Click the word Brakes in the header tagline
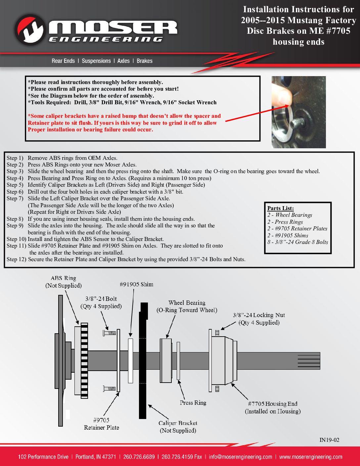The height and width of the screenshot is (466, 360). [x=144, y=61]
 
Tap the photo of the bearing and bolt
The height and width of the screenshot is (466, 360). [x=298, y=112]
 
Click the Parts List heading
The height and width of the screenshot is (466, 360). [x=280, y=208]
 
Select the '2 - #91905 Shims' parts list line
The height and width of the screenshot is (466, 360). [x=288, y=235]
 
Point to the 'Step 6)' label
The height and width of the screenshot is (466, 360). [x=15, y=192]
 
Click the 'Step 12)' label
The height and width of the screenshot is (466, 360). [x=16, y=259]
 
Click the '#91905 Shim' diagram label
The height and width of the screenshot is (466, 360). [x=136, y=284]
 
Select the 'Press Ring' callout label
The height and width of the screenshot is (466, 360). [x=193, y=403]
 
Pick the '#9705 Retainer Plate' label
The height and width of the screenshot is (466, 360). [x=101, y=424]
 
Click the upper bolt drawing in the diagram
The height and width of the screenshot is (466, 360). [x=109, y=333]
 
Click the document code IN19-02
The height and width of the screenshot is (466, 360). [x=329, y=440]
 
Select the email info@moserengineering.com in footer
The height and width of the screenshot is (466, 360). [x=241, y=457]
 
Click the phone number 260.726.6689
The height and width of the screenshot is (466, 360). [x=139, y=457]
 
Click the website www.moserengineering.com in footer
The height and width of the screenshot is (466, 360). [x=310, y=457]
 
